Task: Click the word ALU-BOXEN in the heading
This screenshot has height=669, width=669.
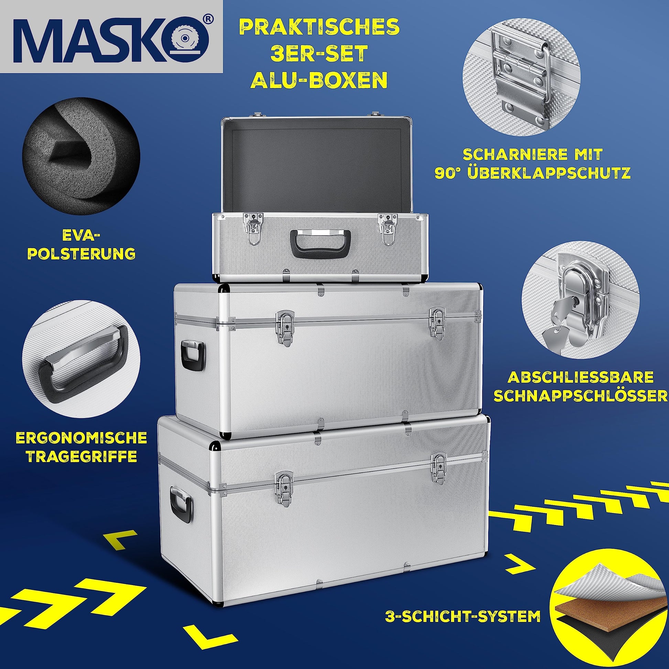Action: (319, 80)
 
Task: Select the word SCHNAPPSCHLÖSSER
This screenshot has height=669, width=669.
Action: (580, 396)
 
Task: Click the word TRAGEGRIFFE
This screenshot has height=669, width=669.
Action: (82, 457)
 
